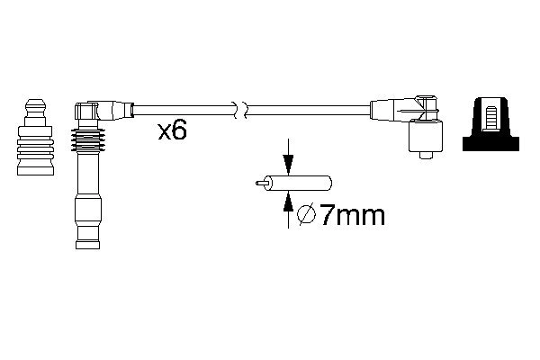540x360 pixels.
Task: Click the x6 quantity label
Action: (171, 132)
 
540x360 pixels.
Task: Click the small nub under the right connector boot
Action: (422, 158)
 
